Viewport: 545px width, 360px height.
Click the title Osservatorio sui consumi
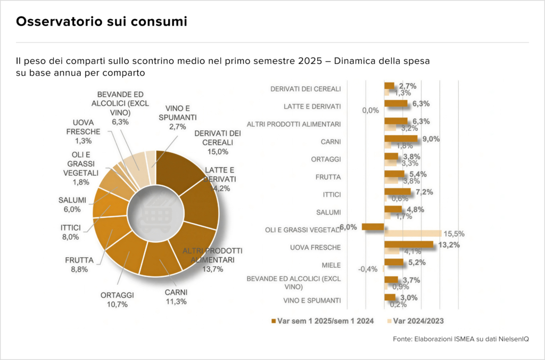click(101, 22)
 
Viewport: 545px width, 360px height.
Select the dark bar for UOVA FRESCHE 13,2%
click(409, 244)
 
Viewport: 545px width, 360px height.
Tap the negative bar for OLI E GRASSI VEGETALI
click(373, 226)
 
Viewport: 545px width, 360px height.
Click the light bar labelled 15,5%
click(413, 233)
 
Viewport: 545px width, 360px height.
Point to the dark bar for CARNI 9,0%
click(401, 138)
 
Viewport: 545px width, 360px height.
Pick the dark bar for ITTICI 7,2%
click(398, 191)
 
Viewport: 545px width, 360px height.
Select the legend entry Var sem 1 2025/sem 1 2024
click(323, 321)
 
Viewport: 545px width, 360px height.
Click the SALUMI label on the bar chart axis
click(328, 212)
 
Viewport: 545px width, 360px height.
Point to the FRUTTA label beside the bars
click(327, 177)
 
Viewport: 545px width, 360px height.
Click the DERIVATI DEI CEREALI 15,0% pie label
click(218, 142)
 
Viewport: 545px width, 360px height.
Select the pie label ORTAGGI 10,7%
click(117, 299)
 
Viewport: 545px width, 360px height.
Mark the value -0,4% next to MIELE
click(368, 269)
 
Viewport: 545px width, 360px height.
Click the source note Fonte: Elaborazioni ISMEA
click(470, 339)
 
